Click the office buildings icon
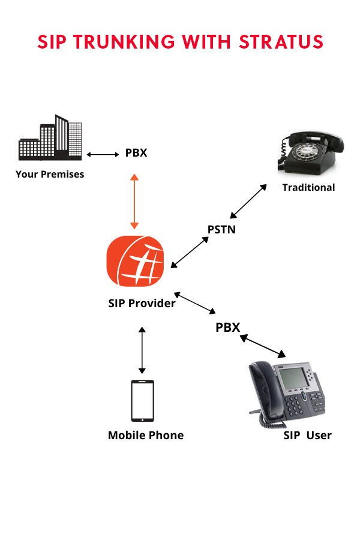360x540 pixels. (50, 139)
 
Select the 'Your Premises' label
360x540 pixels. (50, 175)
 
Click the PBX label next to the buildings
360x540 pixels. (136, 153)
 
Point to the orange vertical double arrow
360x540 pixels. (134, 201)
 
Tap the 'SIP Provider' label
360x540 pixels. (142, 303)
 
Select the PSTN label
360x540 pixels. (221, 229)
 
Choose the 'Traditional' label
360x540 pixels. (308, 187)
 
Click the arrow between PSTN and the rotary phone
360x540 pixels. (248, 201)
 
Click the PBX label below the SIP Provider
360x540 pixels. (228, 328)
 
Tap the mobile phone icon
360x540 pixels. (142, 400)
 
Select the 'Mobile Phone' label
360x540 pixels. (146, 435)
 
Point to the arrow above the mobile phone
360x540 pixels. (142, 350)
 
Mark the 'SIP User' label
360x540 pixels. (307, 435)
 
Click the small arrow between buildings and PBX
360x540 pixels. (103, 154)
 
